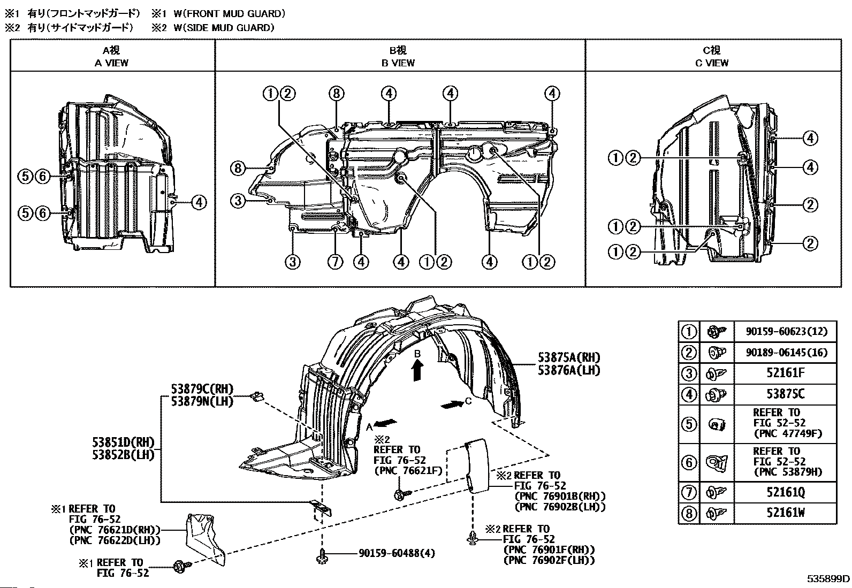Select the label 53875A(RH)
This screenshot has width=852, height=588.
(569, 357)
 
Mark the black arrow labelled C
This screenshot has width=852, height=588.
(452, 405)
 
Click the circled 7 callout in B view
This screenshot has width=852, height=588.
(336, 262)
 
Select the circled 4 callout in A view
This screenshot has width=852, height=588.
(198, 202)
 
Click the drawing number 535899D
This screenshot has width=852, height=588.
(828, 578)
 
